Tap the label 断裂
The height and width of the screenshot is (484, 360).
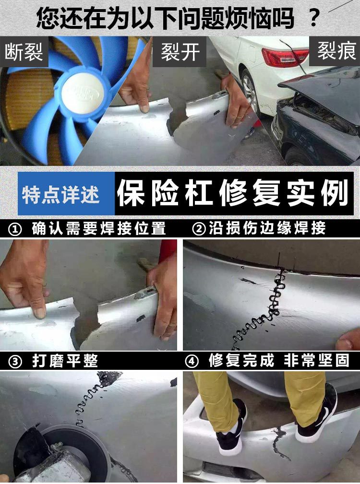coord(24,51)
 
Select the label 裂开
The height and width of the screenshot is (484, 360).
coord(180,51)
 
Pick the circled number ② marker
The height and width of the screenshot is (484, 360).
coord(199,229)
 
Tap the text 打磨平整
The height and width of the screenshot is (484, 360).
coord(65,361)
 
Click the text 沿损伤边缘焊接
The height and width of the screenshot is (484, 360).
coord(267,228)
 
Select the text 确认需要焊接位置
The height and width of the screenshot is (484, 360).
coord(99,229)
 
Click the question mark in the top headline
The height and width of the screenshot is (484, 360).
coord(314,18)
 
